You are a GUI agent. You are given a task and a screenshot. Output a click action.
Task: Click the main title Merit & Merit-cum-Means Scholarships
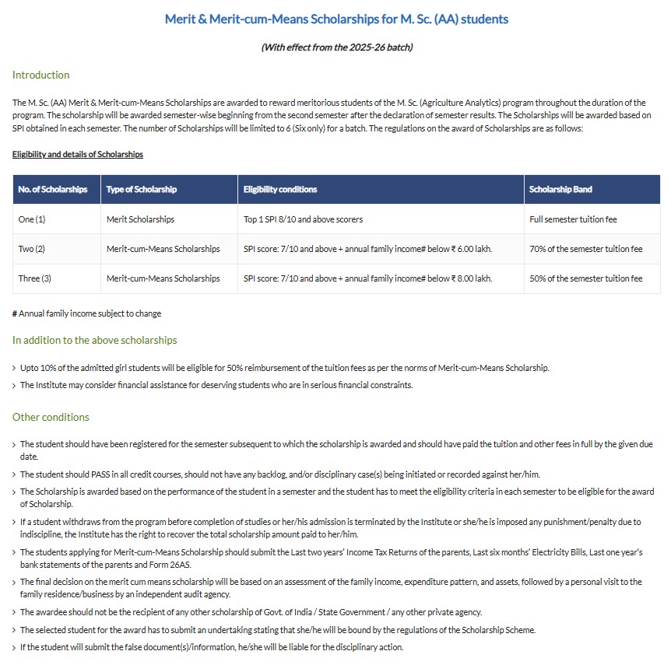point(336,19)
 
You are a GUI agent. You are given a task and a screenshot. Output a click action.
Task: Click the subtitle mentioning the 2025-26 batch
point(336,47)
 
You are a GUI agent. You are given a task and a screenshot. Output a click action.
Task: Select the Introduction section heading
point(40,75)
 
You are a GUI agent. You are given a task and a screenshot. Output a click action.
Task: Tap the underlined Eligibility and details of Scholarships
point(78,154)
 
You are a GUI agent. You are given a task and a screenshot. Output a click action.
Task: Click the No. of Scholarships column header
point(53,189)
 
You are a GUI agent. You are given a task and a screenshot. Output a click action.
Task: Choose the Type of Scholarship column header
point(142,189)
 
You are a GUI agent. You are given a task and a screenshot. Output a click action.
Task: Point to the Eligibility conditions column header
point(280,189)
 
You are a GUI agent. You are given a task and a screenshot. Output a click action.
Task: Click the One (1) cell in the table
point(32,219)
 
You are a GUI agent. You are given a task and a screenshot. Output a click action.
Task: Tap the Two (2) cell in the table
point(32,249)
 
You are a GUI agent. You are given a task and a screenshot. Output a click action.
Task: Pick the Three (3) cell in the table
point(34,278)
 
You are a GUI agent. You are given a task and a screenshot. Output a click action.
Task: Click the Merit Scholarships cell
point(140,219)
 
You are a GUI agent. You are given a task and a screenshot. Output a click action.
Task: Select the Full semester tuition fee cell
point(573,219)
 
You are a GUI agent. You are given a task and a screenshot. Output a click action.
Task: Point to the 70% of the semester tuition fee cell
point(585,249)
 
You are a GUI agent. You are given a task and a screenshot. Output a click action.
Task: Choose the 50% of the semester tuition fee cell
point(585,278)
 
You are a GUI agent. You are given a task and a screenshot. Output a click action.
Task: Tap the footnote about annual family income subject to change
point(87,313)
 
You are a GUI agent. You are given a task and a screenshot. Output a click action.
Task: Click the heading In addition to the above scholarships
point(94,340)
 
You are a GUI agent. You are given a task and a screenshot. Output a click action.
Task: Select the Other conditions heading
point(51,417)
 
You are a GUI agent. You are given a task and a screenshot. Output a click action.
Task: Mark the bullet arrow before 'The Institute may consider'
point(14,385)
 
